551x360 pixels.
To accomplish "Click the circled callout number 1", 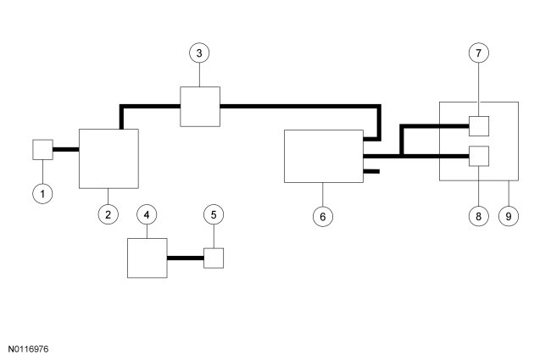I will (x=43, y=193).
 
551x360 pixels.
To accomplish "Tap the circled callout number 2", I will (x=108, y=214).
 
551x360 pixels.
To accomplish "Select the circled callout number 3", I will (x=199, y=53).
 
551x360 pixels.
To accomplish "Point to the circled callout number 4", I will (x=147, y=214).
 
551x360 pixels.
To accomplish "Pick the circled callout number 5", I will (x=214, y=214).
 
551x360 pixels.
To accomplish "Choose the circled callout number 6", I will (x=322, y=215).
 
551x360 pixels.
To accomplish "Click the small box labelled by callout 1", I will (x=43, y=150).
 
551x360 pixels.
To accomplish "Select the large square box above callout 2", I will (x=109, y=158).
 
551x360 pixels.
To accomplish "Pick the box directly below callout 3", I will (x=199, y=106).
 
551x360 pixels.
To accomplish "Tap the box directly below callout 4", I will (x=147, y=258).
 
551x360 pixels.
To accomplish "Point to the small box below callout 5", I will (x=214, y=258).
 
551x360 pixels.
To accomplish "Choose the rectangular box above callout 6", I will (x=322, y=156).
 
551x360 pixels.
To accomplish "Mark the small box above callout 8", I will (x=480, y=157).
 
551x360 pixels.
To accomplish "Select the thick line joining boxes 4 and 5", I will (x=185, y=258).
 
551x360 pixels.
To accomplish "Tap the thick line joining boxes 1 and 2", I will (x=66, y=150).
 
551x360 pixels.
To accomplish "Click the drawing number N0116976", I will (x=29, y=348).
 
